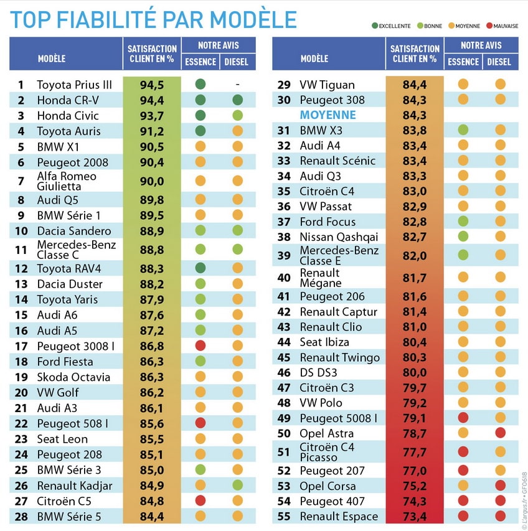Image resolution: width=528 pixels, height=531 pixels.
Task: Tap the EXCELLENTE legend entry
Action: point(392,26)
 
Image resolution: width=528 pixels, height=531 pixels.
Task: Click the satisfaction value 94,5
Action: point(152,85)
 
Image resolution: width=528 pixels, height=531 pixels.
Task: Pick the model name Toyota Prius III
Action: point(74,85)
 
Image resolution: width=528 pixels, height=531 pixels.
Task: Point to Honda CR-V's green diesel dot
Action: point(237,100)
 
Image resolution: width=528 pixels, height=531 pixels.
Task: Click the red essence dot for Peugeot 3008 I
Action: point(200,345)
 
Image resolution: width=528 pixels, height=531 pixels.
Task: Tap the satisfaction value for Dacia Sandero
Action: point(152,231)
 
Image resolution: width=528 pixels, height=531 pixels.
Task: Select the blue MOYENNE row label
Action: point(328,115)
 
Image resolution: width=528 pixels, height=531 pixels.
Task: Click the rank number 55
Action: point(284,516)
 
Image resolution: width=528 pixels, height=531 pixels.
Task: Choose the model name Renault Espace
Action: point(339,516)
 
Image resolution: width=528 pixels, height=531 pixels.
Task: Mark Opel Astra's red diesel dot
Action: point(500,433)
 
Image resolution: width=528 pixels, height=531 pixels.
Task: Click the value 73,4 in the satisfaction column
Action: point(415,516)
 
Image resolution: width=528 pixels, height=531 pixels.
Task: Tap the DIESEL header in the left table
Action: point(237,62)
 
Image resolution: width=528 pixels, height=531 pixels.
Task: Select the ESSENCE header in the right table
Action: point(463,62)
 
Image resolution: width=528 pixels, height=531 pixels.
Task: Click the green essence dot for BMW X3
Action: point(463,130)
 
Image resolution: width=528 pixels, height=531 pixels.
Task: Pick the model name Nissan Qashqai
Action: point(338,237)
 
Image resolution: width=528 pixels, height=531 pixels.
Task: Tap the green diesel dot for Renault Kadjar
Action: point(237,485)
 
